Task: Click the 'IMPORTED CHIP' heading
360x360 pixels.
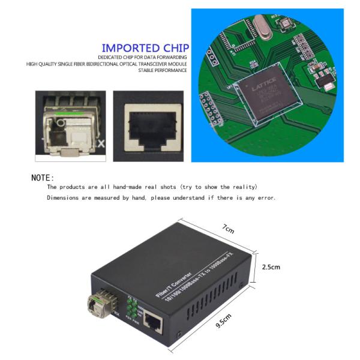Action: (x=145, y=48)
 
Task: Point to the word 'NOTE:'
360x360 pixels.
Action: (x=43, y=178)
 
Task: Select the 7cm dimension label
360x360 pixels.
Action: (x=228, y=229)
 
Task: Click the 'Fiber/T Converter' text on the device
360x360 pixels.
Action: (x=174, y=280)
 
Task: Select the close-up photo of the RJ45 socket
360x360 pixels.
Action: (x=148, y=125)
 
